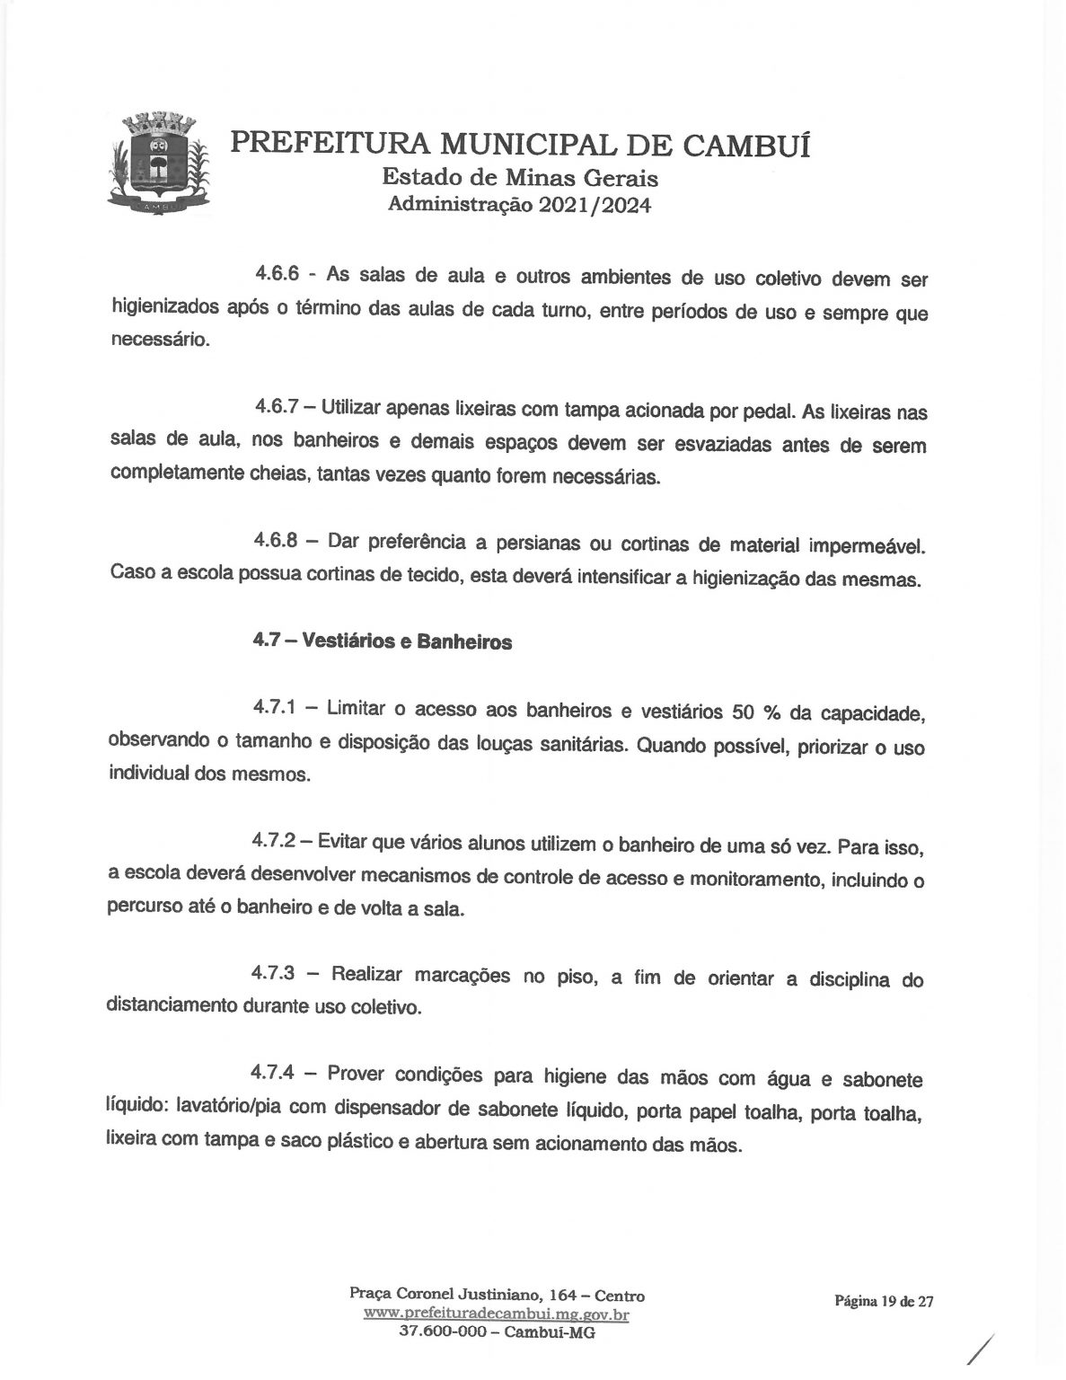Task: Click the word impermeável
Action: [867, 546]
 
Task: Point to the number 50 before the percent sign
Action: [747, 712]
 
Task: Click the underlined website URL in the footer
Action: [497, 1315]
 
